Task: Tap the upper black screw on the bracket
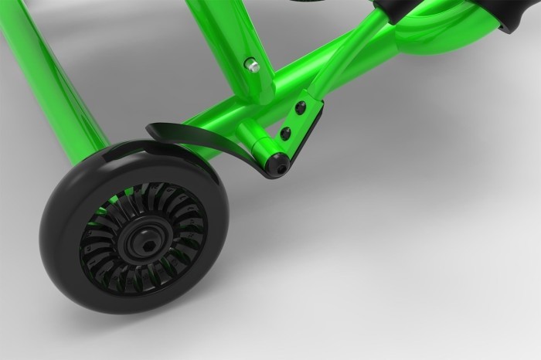300,107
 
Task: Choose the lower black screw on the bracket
286,134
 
